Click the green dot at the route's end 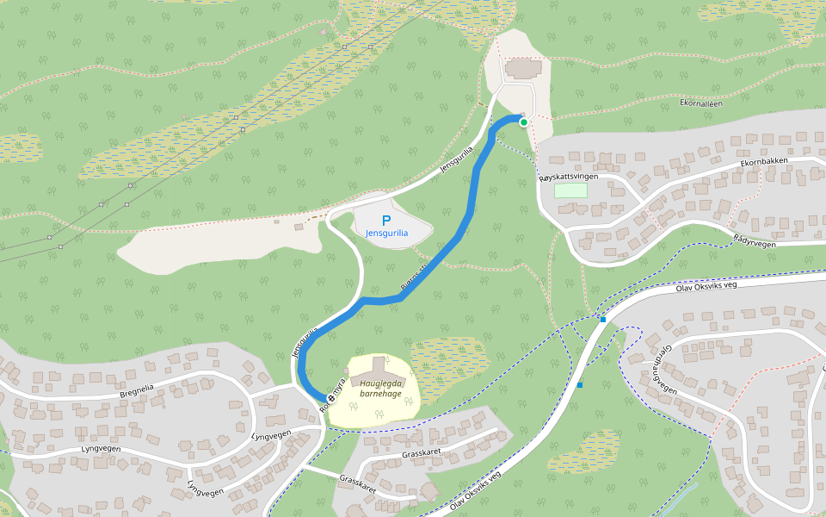(523, 122)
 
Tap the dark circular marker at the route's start (331, 398)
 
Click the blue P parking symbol (386, 221)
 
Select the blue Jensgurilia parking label (386, 234)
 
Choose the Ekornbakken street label (763, 161)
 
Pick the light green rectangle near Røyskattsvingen (570, 190)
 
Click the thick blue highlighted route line (465, 215)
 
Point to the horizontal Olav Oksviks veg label (707, 285)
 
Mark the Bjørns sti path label (413, 279)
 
